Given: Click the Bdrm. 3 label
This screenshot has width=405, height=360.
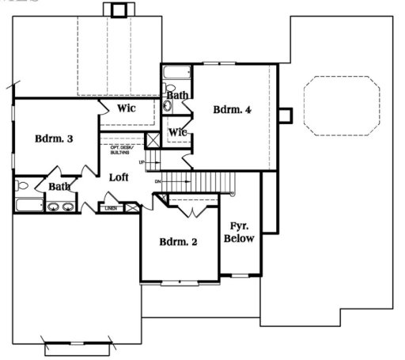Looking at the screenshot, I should pos(55,138).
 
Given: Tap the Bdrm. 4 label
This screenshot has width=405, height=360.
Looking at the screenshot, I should pos(232,110).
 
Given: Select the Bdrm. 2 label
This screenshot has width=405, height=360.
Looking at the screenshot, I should pos(178,241).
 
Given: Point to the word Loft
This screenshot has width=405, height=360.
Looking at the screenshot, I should pos(119,178).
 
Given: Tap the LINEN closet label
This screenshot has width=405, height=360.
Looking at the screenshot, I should pos(111,208).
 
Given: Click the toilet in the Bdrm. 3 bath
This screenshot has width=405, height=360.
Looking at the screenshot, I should pos(22,187).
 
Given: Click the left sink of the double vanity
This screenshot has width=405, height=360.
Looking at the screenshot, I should pos(54,207).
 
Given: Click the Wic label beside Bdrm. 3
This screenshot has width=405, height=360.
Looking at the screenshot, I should pos(128,108).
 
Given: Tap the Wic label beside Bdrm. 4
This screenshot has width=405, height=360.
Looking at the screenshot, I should pos(178,132).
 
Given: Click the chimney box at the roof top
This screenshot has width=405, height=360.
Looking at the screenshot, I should pos(119,9).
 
